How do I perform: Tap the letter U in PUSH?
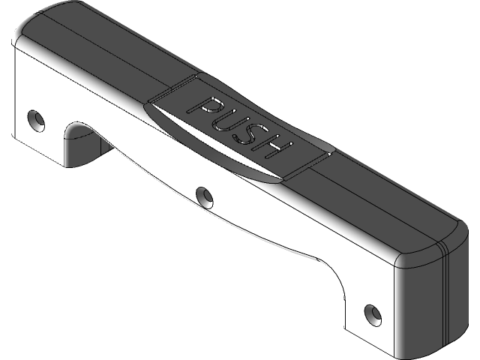pos(227,118)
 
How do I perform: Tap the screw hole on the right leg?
pos(370,311)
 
